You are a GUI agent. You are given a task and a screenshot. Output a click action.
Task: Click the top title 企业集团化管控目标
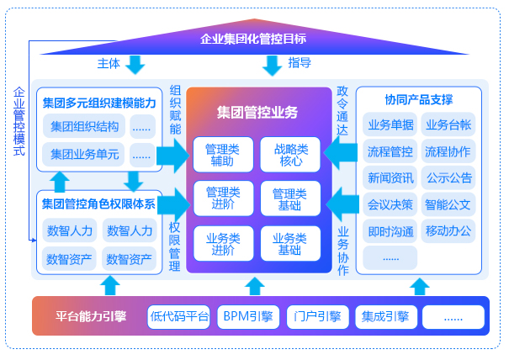[x=253, y=39]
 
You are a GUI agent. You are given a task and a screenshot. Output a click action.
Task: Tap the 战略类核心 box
[x=290, y=155]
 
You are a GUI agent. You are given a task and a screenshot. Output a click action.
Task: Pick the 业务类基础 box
[x=290, y=243]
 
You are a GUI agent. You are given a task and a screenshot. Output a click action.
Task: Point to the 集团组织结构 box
[x=84, y=127]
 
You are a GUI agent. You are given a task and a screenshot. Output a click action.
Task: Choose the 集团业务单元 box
[x=84, y=154]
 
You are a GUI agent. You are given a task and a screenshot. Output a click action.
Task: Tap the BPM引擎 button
[x=247, y=317]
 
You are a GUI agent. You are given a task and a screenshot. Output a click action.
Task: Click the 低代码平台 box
[x=178, y=317]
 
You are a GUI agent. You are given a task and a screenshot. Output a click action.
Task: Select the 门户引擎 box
[x=315, y=317]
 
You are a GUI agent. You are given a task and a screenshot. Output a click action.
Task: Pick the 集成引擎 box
[x=385, y=317]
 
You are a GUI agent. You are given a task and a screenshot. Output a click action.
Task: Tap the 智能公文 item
[x=448, y=204]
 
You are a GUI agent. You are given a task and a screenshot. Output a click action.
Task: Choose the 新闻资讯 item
[x=390, y=177]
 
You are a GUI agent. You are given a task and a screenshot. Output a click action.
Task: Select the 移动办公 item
[x=448, y=230]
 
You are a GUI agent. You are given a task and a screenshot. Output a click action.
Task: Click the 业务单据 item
[x=390, y=125]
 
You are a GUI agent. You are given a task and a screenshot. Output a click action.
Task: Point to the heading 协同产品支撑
[x=419, y=100]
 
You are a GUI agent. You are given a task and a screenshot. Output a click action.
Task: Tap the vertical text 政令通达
[x=342, y=110]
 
